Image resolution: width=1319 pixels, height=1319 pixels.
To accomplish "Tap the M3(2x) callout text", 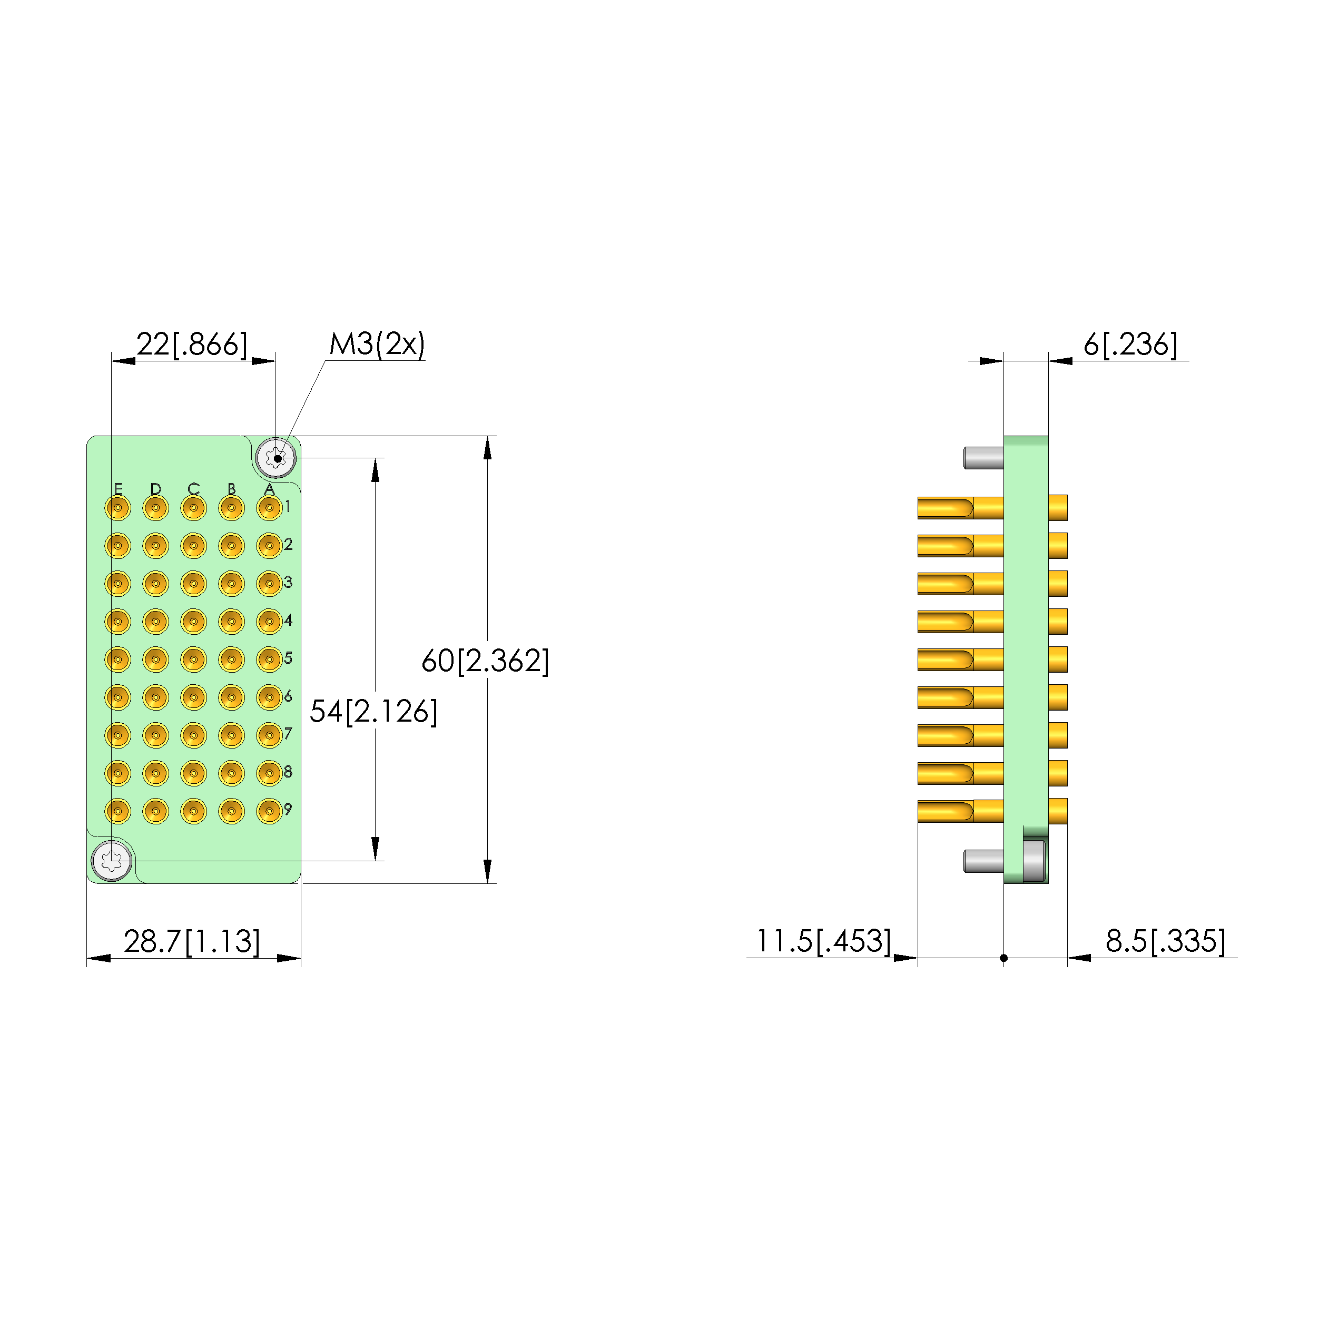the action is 377,344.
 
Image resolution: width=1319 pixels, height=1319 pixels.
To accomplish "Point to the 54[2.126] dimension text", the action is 373,712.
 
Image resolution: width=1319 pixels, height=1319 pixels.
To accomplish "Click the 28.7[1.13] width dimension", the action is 192,941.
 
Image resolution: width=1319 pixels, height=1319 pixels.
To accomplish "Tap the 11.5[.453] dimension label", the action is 823,941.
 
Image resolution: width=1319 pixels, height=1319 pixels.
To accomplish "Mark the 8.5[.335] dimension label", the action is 1165,941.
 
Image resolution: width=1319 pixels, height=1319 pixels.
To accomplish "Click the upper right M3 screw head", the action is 276,457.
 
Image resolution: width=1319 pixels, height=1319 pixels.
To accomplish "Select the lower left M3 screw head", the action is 111,861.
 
